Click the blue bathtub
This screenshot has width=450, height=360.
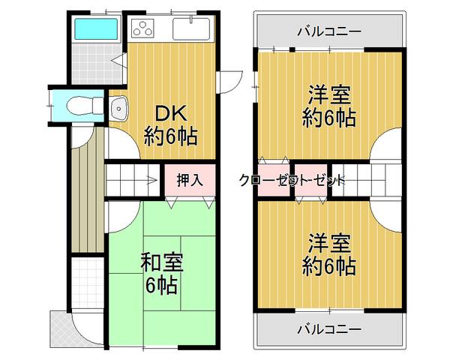96,31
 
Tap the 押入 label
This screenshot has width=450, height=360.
190,180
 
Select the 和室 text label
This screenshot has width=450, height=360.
162,263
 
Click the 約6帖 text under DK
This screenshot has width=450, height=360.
172,137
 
